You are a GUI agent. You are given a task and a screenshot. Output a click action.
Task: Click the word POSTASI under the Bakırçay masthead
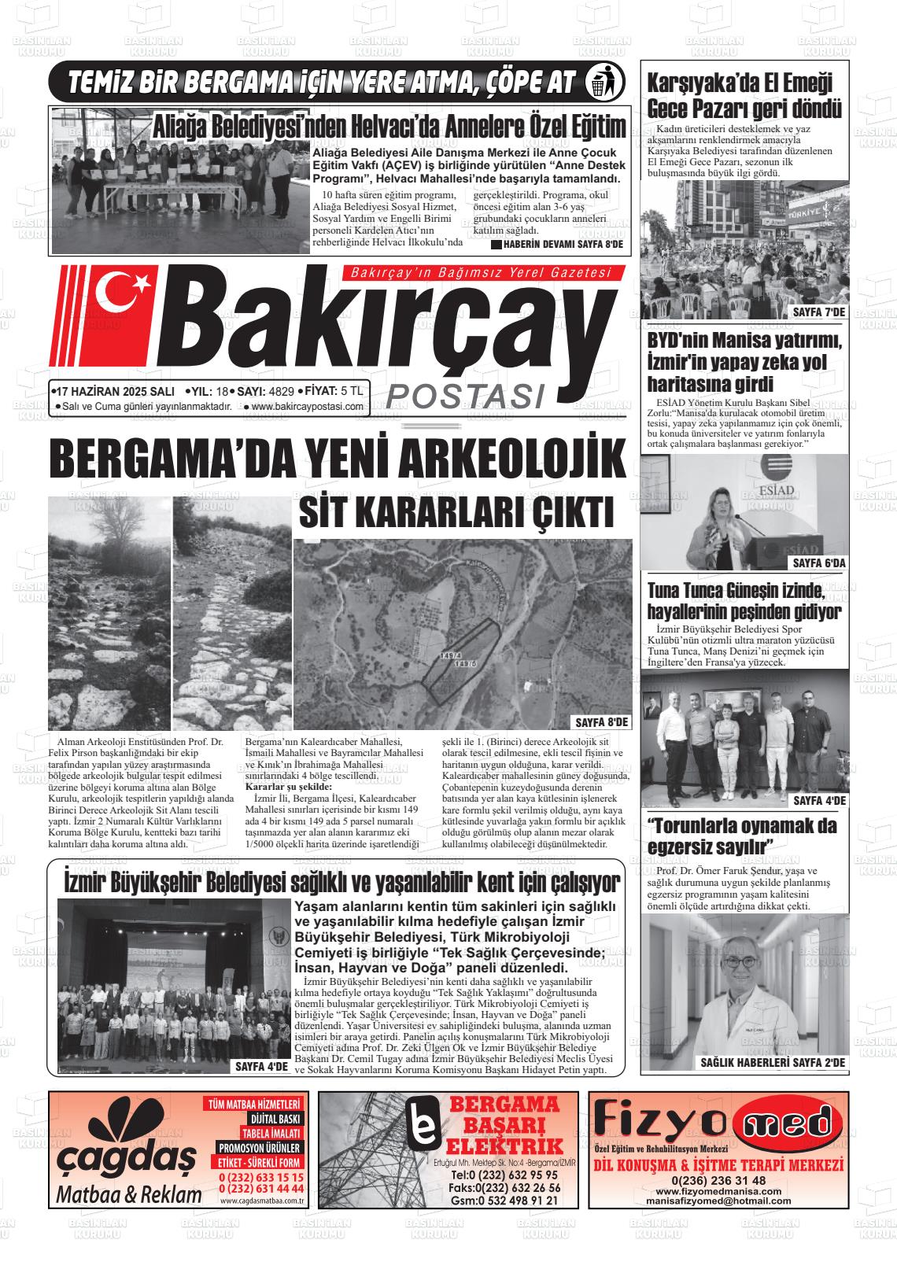click(466, 396)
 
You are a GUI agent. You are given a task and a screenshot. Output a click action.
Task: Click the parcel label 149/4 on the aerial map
click(451, 654)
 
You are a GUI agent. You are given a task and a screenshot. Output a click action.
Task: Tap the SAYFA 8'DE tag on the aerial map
click(602, 721)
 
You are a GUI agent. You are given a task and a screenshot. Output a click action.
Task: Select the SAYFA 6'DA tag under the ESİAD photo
click(818, 563)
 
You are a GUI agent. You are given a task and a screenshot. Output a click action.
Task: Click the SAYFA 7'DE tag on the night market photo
click(818, 312)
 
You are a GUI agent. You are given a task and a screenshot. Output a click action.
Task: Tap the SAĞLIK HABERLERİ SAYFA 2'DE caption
click(773, 1063)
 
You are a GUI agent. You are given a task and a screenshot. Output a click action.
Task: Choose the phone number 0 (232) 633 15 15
click(261, 1177)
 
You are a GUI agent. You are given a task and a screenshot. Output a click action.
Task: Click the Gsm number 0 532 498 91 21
click(505, 1201)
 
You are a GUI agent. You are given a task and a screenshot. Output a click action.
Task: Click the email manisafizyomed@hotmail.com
click(718, 1202)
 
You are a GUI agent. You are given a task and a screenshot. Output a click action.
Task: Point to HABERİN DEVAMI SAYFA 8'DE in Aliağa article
click(557, 245)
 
